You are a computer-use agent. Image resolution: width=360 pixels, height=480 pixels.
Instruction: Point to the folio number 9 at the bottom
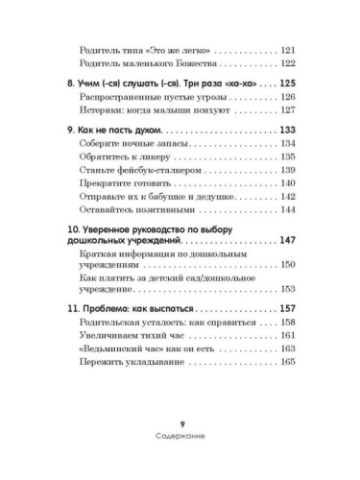181,452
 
